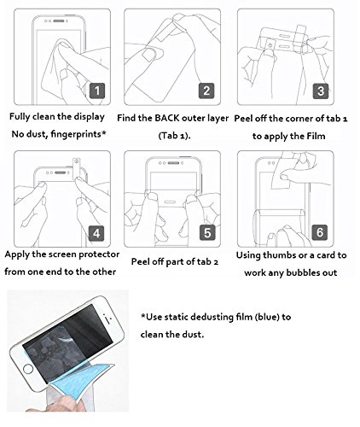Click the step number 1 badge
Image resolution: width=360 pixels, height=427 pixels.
pyautogui.click(x=97, y=91)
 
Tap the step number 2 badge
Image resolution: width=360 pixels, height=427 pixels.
pyautogui.click(x=206, y=91)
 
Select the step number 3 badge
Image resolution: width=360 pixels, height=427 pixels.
pyautogui.click(x=321, y=91)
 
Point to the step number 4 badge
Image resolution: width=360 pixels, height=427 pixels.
pyautogui.click(x=96, y=233)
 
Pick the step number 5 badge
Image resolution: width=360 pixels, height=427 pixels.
pyautogui.click(x=207, y=232)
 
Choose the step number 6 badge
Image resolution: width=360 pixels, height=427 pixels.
pyautogui.click(x=320, y=232)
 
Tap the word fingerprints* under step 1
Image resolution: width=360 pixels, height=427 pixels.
pyautogui.click(x=78, y=134)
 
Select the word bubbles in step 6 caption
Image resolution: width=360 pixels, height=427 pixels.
pyautogui.click(x=303, y=272)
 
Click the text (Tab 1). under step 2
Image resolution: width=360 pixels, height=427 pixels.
pyautogui.click(x=174, y=136)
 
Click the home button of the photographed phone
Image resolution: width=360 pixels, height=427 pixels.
pyautogui.click(x=28, y=369)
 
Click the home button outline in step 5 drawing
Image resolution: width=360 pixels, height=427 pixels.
pyautogui.click(x=170, y=202)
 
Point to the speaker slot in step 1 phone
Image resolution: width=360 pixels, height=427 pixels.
pyautogui.click(x=59, y=20)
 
